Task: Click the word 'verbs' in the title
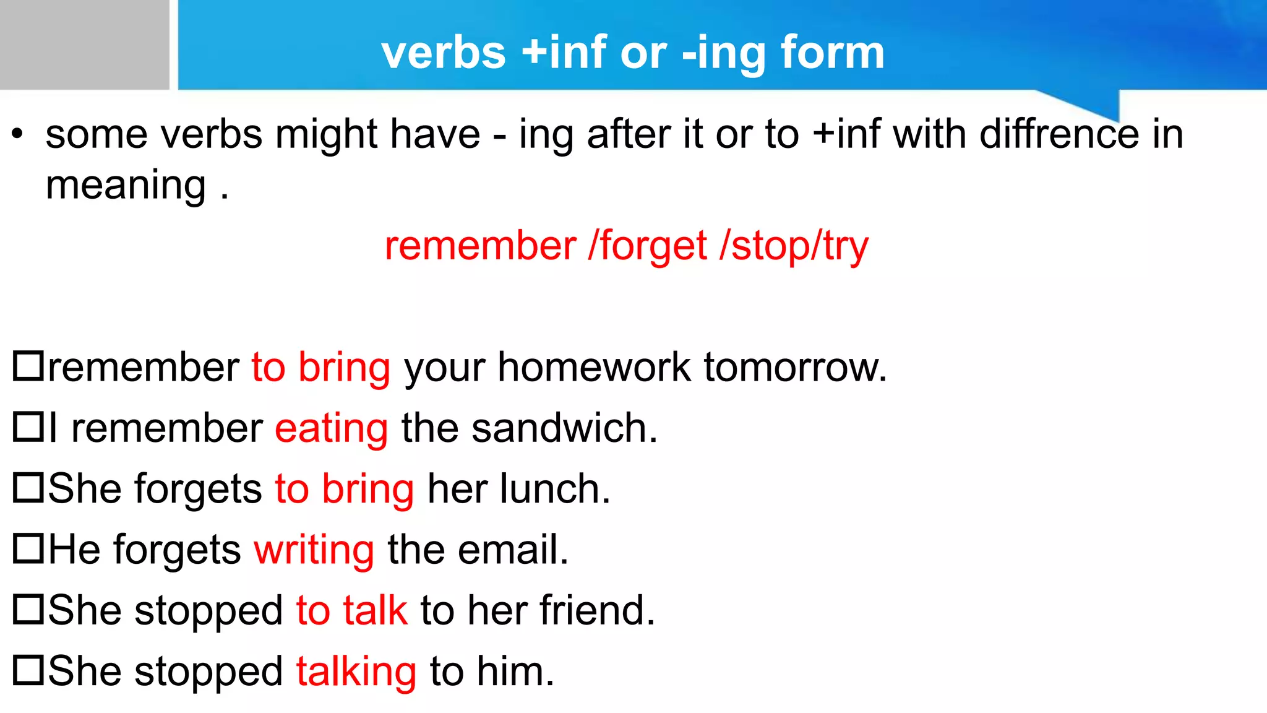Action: (x=444, y=53)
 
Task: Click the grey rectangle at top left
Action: (x=84, y=45)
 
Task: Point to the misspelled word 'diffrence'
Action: (x=1059, y=134)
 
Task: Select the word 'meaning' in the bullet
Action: (x=126, y=186)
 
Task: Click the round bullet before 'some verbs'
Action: (x=18, y=134)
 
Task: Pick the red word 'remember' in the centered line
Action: (x=480, y=246)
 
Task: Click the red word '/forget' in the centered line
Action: (x=648, y=246)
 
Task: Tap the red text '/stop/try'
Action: (x=794, y=246)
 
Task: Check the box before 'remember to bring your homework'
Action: (x=28, y=366)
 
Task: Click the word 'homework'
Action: (x=594, y=368)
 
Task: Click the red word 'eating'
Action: (x=332, y=428)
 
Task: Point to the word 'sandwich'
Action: (x=564, y=428)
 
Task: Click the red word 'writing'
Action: (x=314, y=550)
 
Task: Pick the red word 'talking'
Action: (x=356, y=672)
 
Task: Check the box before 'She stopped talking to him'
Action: (x=28, y=670)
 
